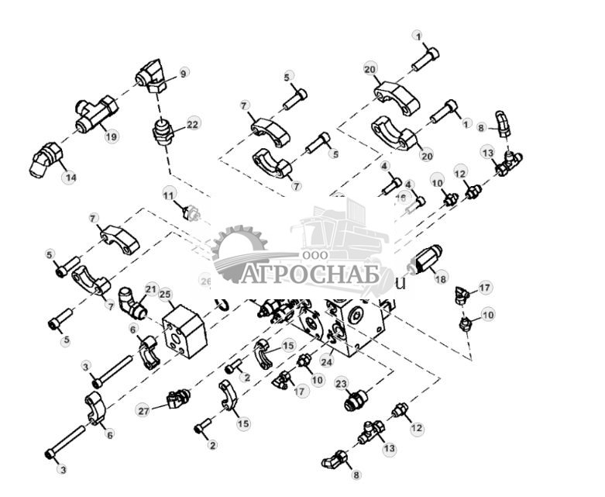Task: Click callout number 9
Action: [x=184, y=73]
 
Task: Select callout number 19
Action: [x=111, y=136]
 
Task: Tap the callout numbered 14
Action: [x=70, y=178]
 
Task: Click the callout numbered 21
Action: [x=151, y=288]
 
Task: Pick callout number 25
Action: [x=164, y=294]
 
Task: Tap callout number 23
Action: [x=340, y=383]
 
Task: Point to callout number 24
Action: [x=328, y=361]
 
